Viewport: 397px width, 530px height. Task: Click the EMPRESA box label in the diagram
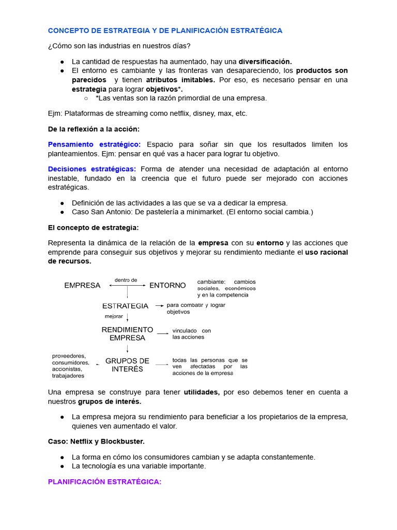(x=82, y=285)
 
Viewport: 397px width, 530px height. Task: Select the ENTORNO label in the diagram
(x=167, y=285)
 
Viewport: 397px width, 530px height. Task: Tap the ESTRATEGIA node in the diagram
(x=126, y=306)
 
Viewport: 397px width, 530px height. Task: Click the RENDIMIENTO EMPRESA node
(x=127, y=334)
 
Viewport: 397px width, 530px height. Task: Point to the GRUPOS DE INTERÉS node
(x=127, y=365)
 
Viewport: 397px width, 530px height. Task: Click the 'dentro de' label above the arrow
(x=126, y=279)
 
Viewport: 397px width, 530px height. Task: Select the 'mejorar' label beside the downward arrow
(x=114, y=316)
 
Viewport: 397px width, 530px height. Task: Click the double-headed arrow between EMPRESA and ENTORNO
(x=128, y=285)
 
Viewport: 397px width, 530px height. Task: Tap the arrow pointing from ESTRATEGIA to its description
(x=159, y=306)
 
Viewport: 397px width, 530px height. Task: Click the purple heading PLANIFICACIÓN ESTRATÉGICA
(x=104, y=482)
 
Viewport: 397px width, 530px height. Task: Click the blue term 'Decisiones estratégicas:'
(x=92, y=169)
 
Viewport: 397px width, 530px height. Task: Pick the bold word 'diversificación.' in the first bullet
(x=265, y=61)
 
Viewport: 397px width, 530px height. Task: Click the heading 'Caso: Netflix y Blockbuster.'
(x=96, y=441)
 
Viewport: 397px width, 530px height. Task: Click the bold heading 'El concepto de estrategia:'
(x=93, y=227)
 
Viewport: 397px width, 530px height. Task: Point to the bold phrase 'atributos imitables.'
(x=180, y=80)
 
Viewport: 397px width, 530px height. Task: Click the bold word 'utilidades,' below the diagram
(x=202, y=392)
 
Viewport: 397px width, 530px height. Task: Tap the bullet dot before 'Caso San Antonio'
(x=62, y=212)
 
